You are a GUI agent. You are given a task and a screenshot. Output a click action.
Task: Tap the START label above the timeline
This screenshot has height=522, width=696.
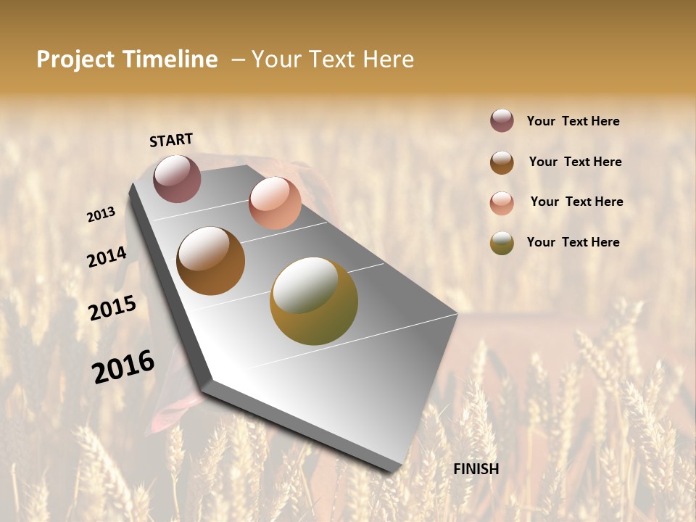click(x=171, y=140)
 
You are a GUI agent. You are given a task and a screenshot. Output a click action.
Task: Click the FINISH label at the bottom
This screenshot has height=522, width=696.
click(x=476, y=469)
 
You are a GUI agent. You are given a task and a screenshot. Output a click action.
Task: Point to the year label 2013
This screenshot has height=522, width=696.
click(x=101, y=215)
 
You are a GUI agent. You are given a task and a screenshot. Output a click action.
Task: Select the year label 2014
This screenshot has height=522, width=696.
click(x=107, y=257)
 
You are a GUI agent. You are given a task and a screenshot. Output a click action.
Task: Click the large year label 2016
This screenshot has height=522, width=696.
click(x=123, y=366)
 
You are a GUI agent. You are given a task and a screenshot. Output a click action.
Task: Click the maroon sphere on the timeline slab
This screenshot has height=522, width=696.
click(x=177, y=178)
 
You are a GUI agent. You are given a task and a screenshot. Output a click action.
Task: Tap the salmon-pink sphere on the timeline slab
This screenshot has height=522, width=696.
click(x=275, y=202)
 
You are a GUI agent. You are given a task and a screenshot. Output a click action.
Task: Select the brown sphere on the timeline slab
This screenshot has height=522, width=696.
click(x=211, y=261)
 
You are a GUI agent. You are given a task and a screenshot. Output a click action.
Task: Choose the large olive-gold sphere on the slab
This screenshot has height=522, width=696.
click(x=314, y=301)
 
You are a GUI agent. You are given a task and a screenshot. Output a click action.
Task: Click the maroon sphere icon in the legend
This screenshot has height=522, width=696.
click(x=502, y=120)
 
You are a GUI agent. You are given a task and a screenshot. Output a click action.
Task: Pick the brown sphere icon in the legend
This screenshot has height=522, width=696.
click(x=502, y=162)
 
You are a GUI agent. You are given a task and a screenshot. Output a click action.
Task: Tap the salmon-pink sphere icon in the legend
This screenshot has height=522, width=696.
click(x=502, y=203)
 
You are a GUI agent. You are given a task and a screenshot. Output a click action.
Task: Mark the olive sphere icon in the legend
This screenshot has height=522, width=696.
click(x=502, y=243)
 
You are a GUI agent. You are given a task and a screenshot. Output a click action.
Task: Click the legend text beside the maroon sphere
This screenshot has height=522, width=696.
click(x=573, y=121)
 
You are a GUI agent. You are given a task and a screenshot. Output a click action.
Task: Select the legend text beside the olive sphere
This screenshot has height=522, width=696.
click(x=573, y=242)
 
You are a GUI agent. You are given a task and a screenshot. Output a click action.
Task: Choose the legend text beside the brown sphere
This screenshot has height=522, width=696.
click(x=575, y=162)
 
